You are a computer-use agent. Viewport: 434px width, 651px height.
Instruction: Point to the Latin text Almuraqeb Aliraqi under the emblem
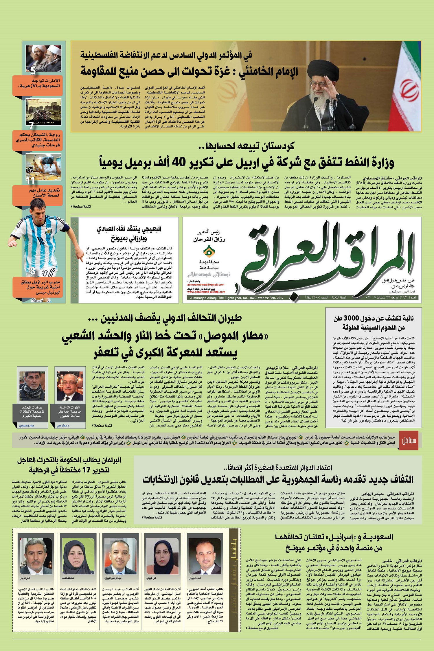(209, 275)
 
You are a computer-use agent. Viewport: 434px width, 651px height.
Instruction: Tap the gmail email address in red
(206, 285)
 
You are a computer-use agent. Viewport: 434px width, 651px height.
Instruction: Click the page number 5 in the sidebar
(33, 70)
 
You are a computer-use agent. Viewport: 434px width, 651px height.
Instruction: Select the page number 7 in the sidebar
(31, 126)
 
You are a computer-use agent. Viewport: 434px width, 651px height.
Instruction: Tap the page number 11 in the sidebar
(30, 181)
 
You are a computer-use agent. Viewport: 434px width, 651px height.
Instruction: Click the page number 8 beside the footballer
(33, 271)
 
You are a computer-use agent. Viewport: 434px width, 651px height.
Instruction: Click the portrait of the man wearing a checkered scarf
(32, 386)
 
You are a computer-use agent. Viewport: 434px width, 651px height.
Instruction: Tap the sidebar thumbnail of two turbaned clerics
(43, 58)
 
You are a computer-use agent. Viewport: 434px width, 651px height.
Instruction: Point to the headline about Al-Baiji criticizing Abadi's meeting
(129, 234)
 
